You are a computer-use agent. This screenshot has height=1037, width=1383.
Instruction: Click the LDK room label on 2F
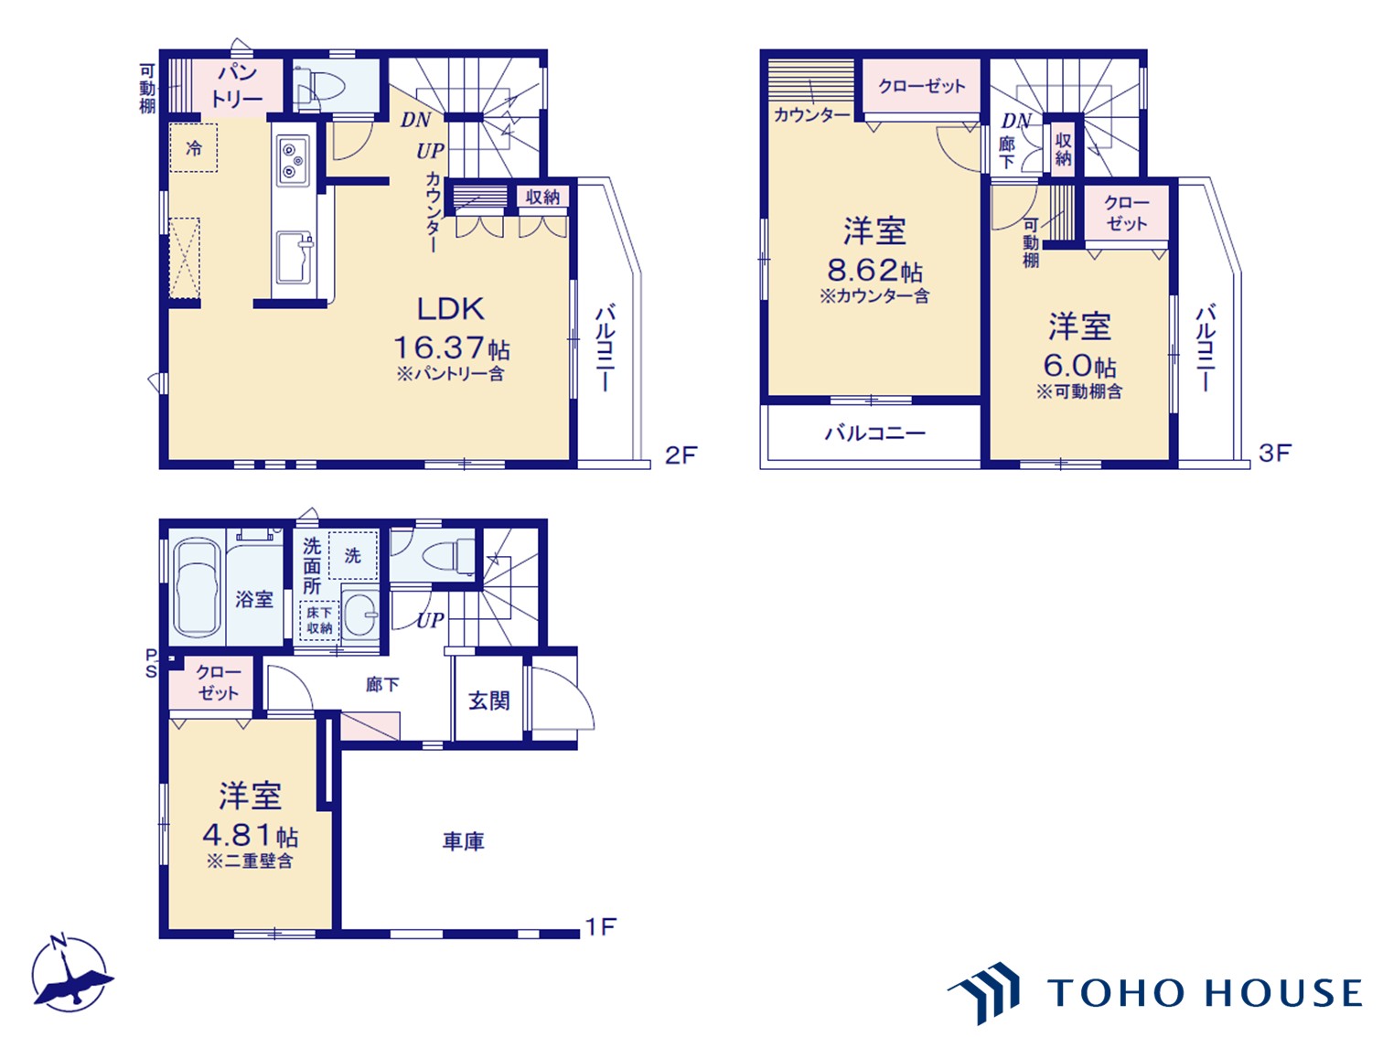[450, 309]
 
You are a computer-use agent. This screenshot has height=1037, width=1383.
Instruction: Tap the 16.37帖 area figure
[451, 348]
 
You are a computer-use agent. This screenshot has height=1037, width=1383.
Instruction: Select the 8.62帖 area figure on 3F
[874, 270]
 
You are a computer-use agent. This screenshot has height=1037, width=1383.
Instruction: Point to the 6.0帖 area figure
[1079, 366]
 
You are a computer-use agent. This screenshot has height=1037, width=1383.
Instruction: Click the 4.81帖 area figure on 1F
[250, 835]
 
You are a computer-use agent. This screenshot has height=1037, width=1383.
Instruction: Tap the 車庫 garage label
[464, 841]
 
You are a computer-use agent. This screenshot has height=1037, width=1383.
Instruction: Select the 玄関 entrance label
[488, 700]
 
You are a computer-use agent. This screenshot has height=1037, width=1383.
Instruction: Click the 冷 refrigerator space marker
[194, 148]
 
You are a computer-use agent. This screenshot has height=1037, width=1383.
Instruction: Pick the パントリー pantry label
[237, 86]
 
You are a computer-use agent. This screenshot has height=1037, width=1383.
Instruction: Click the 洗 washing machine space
[353, 555]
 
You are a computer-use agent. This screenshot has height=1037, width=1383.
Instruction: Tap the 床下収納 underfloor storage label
[319, 621]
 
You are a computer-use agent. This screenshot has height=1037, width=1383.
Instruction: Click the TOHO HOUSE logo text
[1205, 993]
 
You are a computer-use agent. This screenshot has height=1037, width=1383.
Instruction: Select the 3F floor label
[1275, 453]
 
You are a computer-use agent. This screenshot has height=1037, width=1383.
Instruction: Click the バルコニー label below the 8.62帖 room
[874, 433]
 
